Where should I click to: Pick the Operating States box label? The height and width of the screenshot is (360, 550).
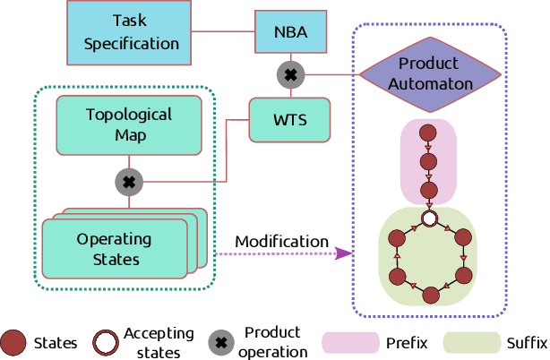114,250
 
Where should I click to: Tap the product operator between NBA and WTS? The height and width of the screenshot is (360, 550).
289,75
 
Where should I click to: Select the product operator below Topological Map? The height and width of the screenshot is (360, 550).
129,182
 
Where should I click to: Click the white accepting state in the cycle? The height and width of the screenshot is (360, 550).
429,219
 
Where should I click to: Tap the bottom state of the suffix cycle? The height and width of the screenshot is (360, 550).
429,294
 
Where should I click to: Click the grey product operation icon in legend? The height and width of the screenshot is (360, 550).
219,342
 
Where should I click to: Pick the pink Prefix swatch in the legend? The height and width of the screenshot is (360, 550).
349,342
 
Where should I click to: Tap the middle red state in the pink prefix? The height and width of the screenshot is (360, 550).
429,164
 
